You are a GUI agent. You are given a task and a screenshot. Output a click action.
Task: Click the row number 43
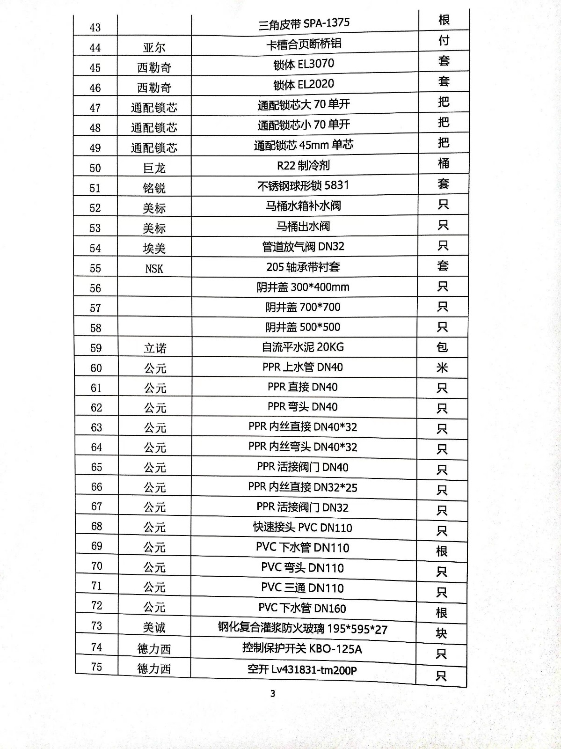click(x=95, y=28)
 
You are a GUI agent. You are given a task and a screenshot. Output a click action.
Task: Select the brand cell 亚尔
click(x=154, y=48)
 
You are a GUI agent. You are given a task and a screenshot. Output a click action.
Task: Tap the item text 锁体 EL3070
click(x=304, y=64)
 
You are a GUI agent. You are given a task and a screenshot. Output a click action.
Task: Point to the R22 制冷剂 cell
click(x=303, y=165)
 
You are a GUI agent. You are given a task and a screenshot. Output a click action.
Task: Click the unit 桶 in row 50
click(x=443, y=163)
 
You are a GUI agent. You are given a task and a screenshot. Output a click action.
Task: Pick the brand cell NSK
click(x=154, y=269)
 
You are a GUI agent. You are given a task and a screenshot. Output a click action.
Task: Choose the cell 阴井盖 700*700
click(x=303, y=307)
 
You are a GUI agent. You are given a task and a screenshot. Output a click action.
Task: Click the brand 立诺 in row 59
click(x=155, y=348)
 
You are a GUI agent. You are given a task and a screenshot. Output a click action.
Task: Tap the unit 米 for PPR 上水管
click(x=442, y=367)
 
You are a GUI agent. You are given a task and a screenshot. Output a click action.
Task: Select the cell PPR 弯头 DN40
click(x=302, y=407)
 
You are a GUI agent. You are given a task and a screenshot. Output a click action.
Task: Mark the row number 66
click(x=96, y=487)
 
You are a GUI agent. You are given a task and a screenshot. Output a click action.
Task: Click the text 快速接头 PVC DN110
click(x=302, y=528)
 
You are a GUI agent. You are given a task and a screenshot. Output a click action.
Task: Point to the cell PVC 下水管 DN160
click(x=302, y=608)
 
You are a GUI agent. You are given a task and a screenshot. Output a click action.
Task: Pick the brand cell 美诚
click(x=154, y=627)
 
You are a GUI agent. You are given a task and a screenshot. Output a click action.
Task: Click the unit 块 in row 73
click(x=441, y=633)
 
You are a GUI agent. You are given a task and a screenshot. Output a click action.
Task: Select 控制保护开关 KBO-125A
click(x=302, y=648)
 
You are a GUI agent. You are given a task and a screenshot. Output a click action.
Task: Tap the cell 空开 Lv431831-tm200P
click(x=302, y=670)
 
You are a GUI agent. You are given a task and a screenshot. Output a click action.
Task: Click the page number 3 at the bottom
click(x=273, y=693)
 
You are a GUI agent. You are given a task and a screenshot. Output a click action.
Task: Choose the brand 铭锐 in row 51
click(x=154, y=188)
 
